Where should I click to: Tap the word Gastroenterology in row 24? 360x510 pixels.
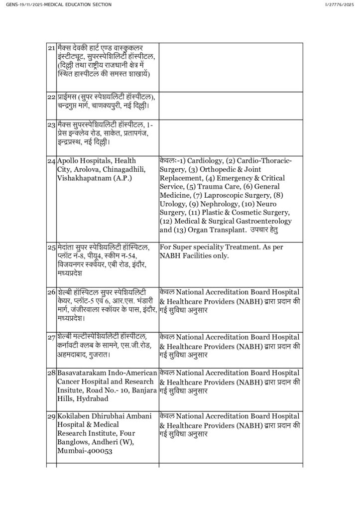pos(259,221)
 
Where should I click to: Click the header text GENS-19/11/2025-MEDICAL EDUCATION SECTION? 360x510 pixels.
pos(59,4)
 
